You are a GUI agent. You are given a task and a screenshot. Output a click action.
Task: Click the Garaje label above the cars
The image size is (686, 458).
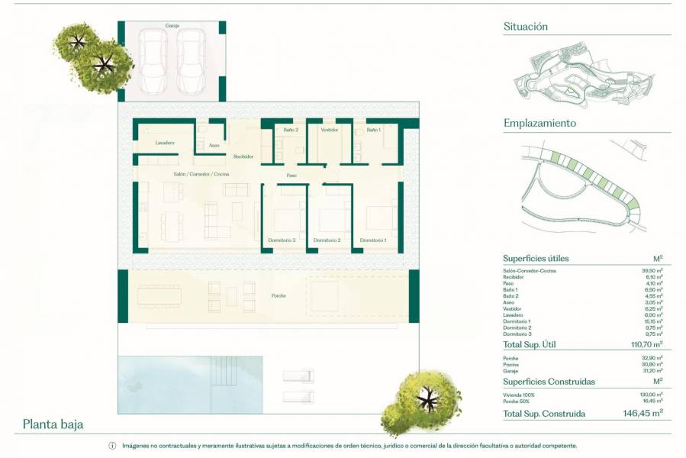[172, 26]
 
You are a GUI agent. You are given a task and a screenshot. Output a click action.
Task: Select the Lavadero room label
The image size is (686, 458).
[165, 143]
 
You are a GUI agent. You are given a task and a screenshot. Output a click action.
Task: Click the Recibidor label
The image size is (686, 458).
[243, 156]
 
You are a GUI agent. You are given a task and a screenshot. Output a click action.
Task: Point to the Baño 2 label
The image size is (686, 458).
[291, 130]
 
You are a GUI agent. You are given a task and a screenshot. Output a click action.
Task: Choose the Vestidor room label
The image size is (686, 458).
[329, 130]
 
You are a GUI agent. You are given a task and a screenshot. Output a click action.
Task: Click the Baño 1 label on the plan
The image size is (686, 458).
[373, 130]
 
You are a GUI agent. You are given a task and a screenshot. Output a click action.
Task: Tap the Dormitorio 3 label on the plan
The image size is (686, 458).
[282, 240]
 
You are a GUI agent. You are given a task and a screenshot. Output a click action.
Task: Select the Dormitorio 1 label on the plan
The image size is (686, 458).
[372, 240]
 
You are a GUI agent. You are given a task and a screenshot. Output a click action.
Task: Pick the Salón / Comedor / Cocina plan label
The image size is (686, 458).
[201, 175]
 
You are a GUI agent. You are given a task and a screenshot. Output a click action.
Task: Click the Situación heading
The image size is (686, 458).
[526, 26]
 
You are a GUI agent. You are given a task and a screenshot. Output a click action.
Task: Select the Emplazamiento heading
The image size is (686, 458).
[539, 123]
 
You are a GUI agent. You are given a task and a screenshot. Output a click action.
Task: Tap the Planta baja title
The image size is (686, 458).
[53, 424]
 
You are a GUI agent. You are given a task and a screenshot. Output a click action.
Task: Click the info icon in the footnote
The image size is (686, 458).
[112, 446]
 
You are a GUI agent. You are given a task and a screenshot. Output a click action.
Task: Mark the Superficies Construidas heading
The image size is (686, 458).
[549, 381]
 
